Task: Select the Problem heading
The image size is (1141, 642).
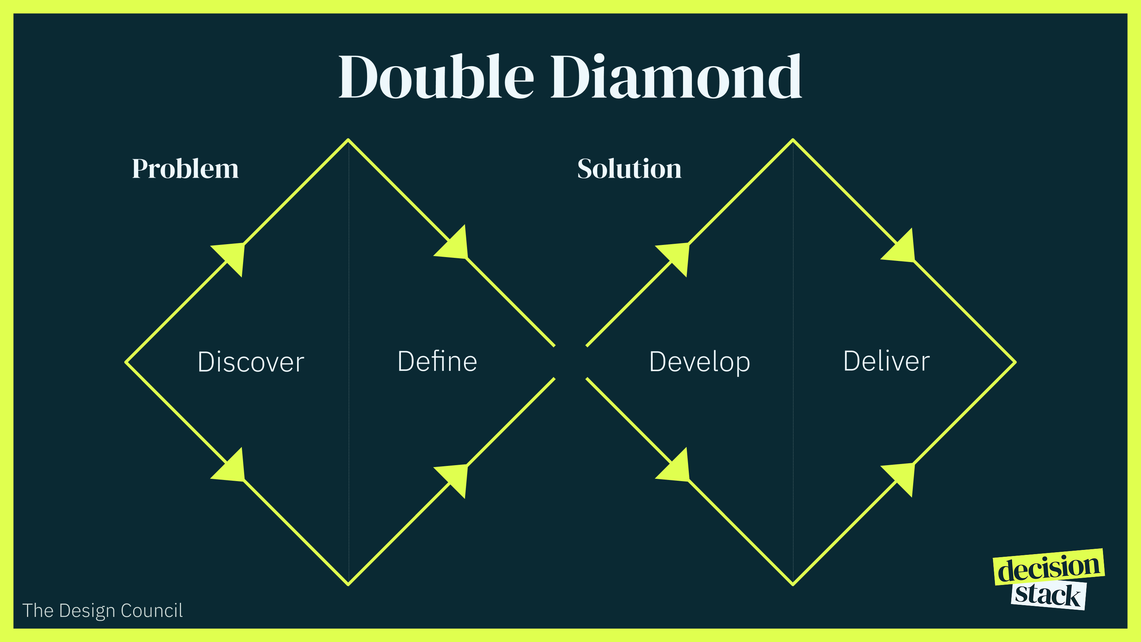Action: point(185,169)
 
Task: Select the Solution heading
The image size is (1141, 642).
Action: point(629,169)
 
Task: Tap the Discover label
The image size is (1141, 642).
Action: point(251,362)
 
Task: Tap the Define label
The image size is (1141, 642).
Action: point(437,361)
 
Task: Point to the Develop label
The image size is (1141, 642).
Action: point(699,362)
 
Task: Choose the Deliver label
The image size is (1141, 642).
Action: point(886,361)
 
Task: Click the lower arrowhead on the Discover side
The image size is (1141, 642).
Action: point(232,468)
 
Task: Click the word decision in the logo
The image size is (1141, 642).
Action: point(1049,567)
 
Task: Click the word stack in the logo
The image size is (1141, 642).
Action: point(1047,595)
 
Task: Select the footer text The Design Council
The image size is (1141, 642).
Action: point(102,610)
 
